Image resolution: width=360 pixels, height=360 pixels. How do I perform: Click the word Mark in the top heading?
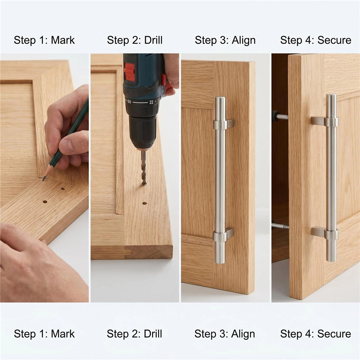tap(63, 40)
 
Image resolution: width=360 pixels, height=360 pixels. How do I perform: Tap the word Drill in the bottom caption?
tap(153, 334)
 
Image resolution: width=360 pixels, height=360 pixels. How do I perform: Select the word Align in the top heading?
tap(244, 40)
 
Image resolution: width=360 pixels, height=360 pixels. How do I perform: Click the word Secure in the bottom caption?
tap(334, 334)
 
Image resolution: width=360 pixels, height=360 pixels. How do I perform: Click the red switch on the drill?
tap(130, 72)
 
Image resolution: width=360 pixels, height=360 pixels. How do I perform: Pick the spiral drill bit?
tap(144, 167)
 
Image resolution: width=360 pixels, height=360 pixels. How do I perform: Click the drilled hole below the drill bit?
tap(145, 203)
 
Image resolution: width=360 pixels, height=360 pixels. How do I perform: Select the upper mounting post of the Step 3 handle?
tap(224, 124)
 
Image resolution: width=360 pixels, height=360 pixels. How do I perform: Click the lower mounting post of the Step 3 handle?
tap(224, 235)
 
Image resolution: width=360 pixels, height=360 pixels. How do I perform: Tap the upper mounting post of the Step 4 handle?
tap(324, 122)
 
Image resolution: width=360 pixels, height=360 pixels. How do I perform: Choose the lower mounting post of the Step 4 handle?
tap(325, 233)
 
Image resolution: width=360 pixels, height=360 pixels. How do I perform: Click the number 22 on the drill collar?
tap(151, 102)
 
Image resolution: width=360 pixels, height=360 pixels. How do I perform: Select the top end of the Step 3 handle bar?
tap(220, 98)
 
